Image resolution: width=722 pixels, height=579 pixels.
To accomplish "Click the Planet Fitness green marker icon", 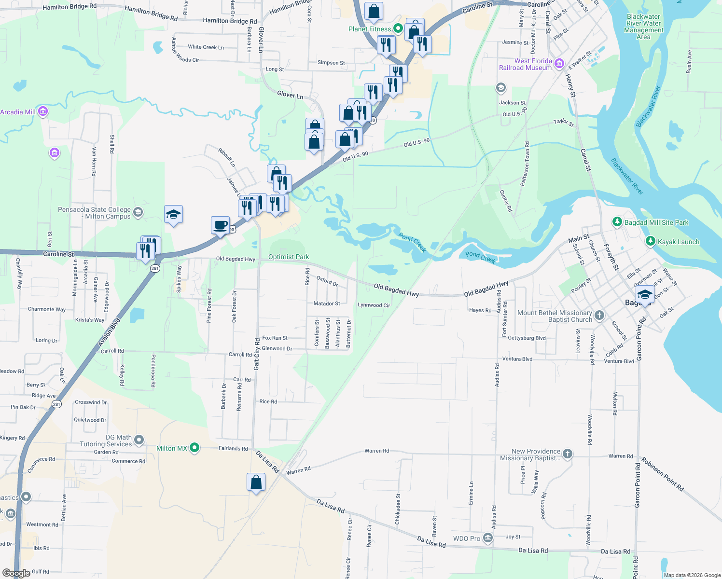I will click(398, 28).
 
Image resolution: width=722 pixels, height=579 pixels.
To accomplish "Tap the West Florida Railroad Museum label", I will click(526, 64).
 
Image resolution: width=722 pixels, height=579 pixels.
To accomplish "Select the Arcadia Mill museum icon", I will click(43, 112).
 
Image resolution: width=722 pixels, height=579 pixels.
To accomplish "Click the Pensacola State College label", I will click(94, 213).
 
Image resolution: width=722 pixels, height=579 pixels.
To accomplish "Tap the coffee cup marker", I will click(220, 225).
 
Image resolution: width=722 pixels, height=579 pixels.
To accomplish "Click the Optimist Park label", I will click(289, 257).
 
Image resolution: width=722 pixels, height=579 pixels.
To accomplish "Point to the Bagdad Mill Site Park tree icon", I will click(617, 222).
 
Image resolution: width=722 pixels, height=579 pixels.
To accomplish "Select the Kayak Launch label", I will click(678, 242).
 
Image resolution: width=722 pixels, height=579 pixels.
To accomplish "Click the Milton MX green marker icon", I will click(194, 448).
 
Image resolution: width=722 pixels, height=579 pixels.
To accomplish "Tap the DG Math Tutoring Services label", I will click(106, 441).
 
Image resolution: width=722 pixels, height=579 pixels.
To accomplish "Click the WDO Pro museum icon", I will click(488, 538).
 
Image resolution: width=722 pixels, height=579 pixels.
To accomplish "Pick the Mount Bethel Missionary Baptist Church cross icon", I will click(599, 316).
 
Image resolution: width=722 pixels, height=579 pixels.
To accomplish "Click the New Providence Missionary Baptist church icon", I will click(568, 454).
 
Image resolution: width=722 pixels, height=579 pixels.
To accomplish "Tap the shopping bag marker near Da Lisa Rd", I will click(256, 482).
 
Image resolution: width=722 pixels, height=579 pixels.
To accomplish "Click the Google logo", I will click(16, 573).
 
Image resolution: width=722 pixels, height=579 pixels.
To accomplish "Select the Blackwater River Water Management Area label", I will click(643, 27).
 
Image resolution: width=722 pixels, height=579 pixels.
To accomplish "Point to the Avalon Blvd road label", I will click(109, 332).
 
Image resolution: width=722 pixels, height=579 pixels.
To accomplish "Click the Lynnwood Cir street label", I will click(374, 305).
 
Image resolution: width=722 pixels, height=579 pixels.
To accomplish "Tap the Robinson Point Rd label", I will click(662, 474).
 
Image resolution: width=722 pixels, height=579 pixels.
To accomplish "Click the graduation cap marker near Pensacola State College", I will click(173, 215).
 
